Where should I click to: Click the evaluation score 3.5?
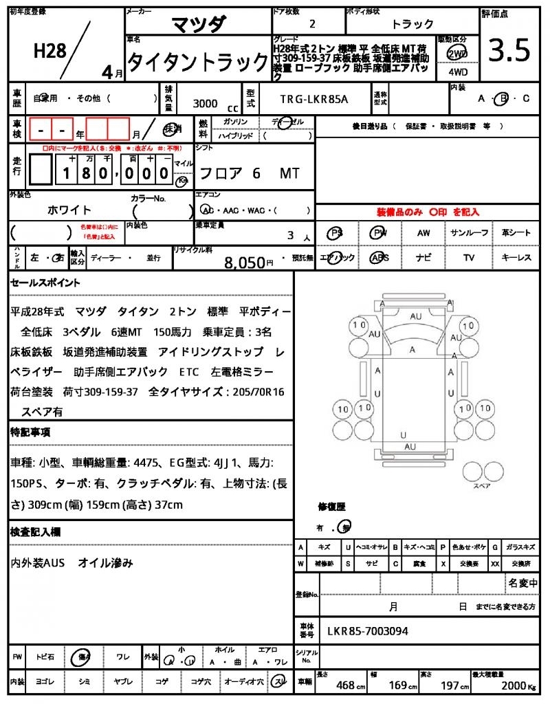509,50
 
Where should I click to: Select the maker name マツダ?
197,24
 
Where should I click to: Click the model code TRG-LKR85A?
314,99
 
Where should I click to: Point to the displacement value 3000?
205,104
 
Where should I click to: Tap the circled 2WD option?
457,54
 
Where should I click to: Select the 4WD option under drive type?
457,71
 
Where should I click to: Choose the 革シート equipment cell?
516,233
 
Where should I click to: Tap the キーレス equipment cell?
516,258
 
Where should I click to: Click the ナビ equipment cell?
423,258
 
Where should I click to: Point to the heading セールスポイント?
45,283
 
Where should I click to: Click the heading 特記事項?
30,432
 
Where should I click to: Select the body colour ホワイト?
69,210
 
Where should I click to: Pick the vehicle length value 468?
344,685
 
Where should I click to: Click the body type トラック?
412,24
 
